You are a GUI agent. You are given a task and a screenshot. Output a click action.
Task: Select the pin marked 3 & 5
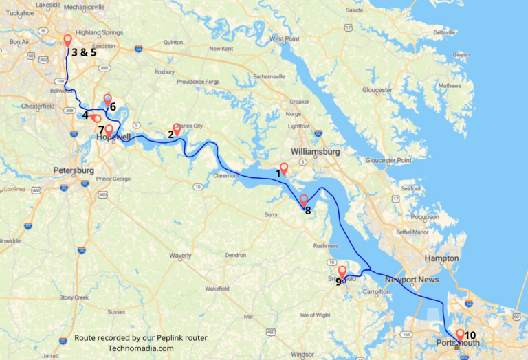tap(67, 41)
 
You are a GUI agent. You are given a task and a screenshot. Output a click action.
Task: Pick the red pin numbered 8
tap(304, 201)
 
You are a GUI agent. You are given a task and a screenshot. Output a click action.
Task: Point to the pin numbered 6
tap(107, 100)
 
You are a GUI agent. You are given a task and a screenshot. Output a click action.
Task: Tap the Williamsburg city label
tap(316, 150)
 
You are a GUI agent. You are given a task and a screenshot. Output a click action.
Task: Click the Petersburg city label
tap(74, 170)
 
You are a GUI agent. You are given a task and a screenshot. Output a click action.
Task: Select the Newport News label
tap(410, 280)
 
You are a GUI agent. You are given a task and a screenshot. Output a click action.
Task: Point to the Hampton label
tap(442, 258)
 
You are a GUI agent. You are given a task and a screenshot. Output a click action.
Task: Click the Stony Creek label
tap(74, 297)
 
